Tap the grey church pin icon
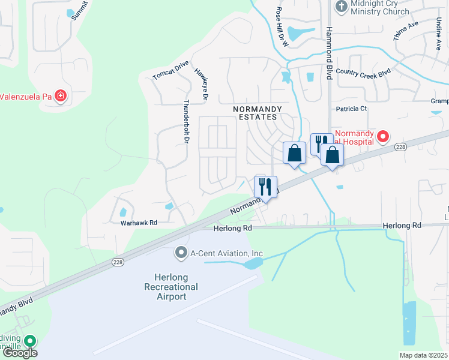pyautogui.click(x=341, y=7)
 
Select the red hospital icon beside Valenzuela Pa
pyautogui.click(x=60, y=95)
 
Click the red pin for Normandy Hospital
pyautogui.click(x=382, y=137)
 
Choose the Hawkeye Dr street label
pyautogui.click(x=201, y=83)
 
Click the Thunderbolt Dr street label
pyautogui.click(x=186, y=121)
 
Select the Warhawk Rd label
pyautogui.click(x=139, y=223)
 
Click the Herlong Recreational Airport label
pyautogui.click(x=171, y=287)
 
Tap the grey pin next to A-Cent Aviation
pyautogui.click(x=181, y=253)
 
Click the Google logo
pyautogui.click(x=19, y=353)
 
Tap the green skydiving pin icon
pyautogui.click(x=28, y=340)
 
